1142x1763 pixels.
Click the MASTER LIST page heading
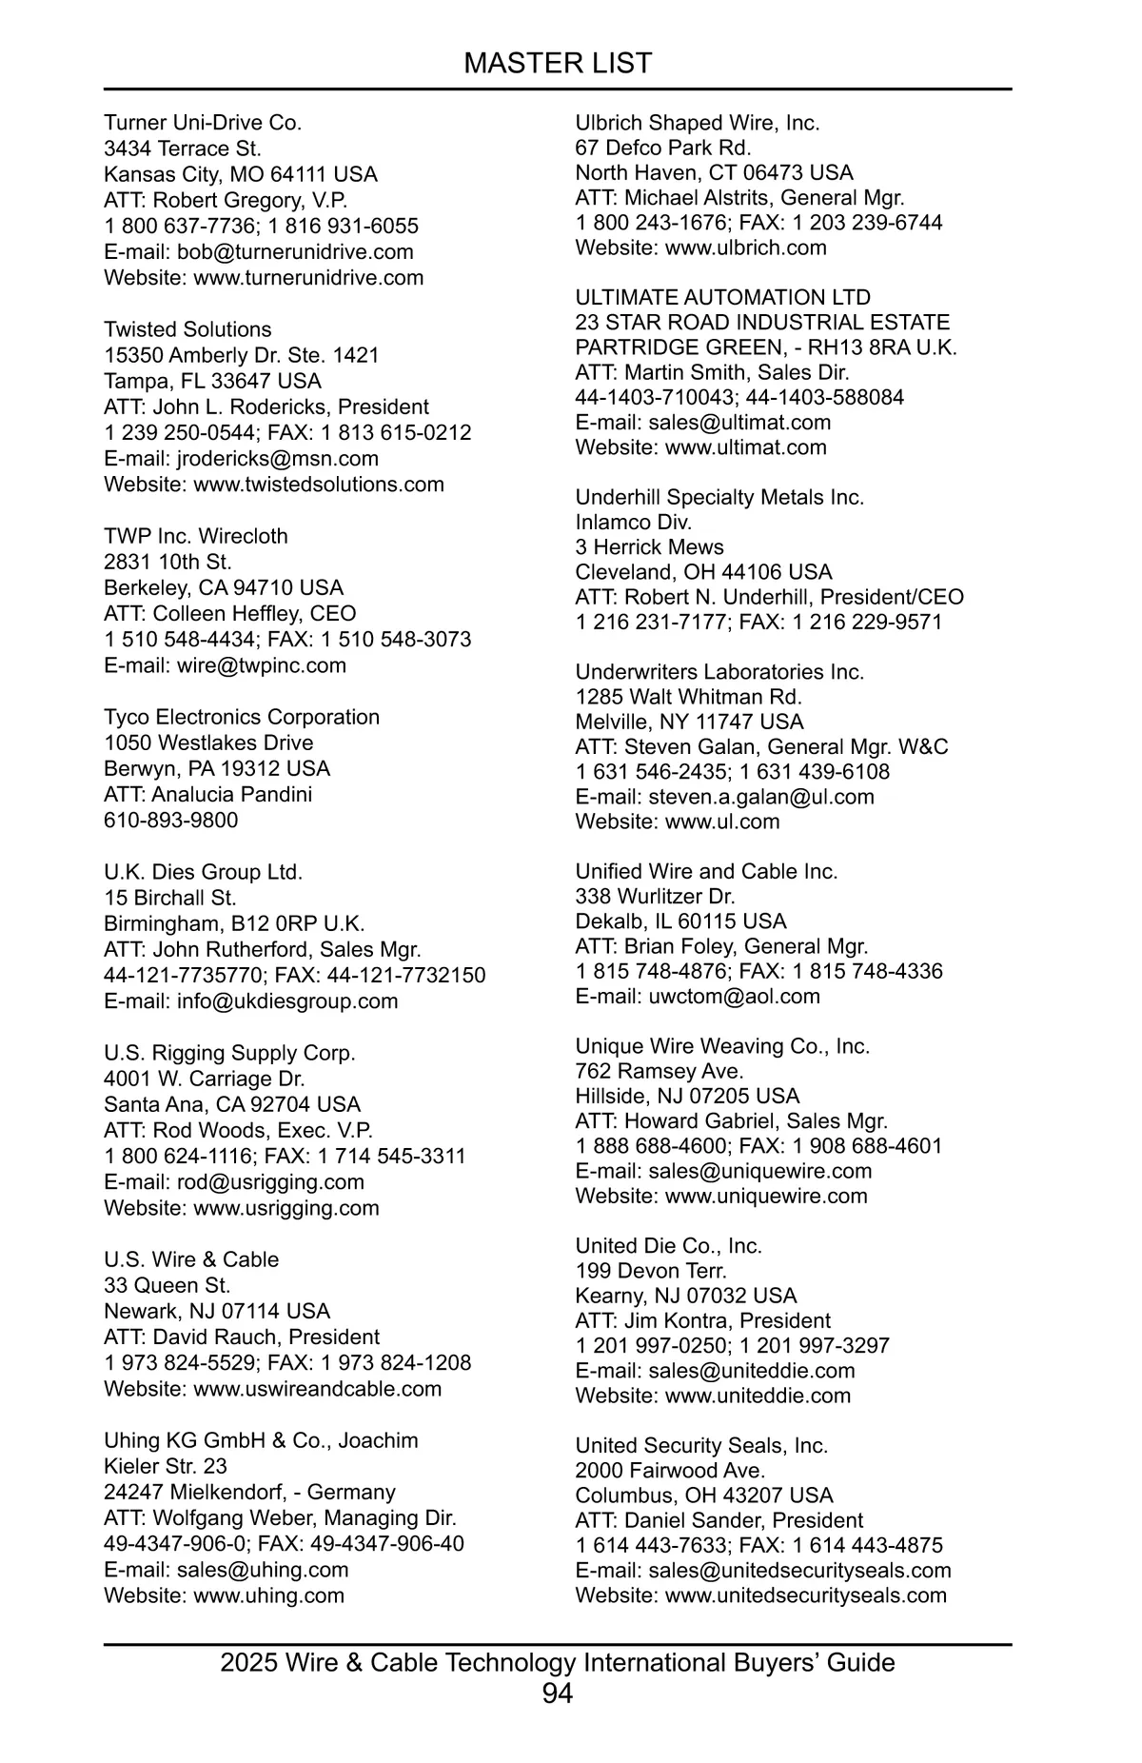[558, 64]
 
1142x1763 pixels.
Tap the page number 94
[558, 1694]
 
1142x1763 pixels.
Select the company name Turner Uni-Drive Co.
[203, 123]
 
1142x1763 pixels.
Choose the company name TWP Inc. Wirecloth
[196, 536]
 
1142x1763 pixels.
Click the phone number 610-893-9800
[171, 821]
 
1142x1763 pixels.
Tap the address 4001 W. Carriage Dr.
[205, 1080]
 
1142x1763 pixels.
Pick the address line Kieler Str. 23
[166, 1467]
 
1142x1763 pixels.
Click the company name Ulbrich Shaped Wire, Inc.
[698, 123]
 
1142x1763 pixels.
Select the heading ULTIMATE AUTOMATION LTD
[723, 298]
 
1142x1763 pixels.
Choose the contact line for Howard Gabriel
[732, 1121]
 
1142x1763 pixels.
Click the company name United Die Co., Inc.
[669, 1246]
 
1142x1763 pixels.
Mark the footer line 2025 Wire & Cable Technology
[558, 1663]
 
